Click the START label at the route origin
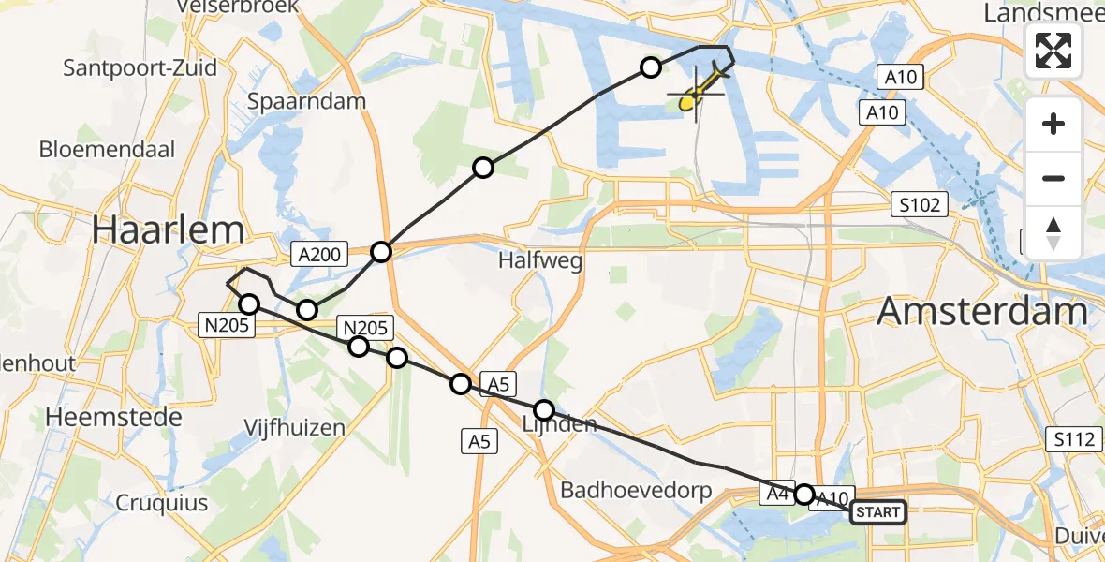point(878,511)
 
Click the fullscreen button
point(1053,51)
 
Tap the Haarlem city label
point(155,229)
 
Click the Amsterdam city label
point(982,310)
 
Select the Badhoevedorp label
point(636,490)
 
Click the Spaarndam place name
point(306,101)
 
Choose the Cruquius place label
point(162,502)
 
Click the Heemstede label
point(117,417)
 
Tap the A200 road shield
point(319,253)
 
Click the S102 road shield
point(919,203)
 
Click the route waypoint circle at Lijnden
point(544,409)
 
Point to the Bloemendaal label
point(108,149)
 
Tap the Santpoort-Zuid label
point(140,67)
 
